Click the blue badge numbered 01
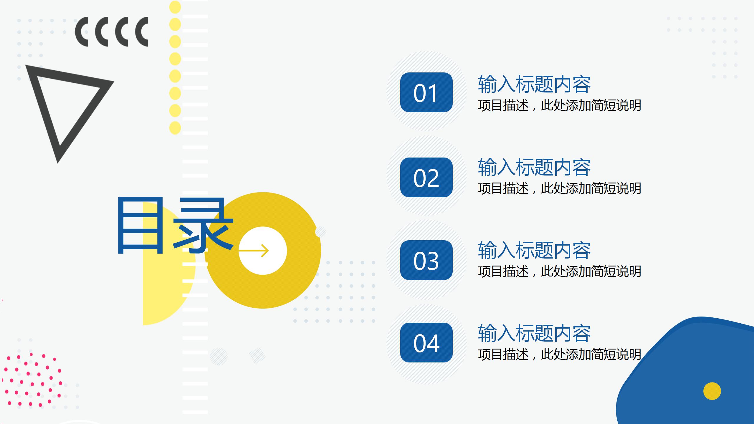pos(426,92)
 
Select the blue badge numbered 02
pos(426,177)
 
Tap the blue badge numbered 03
pos(426,260)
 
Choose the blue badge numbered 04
pos(426,342)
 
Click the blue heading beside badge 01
pos(534,84)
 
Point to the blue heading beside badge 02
pos(534,167)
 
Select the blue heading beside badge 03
pos(534,250)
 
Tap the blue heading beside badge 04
pos(534,333)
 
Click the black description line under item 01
pos(560,105)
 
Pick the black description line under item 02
pos(560,188)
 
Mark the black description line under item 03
pos(560,271)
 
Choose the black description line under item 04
pos(560,355)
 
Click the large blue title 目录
pos(176,225)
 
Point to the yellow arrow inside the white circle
pos(254,251)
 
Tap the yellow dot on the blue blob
pos(712,391)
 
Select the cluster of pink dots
pos(32,380)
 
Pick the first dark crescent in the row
pos(81,32)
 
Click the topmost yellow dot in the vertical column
pos(175,7)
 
